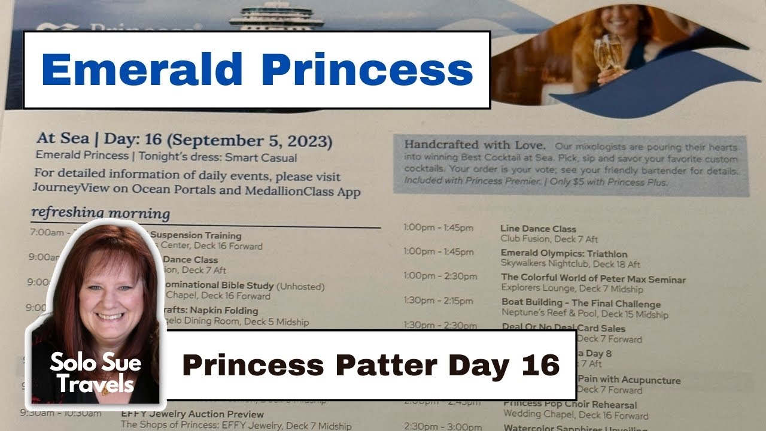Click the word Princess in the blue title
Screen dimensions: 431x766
(367, 70)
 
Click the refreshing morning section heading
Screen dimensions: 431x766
(101, 213)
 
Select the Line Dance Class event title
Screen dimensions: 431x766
(538, 229)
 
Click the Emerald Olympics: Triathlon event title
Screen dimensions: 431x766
(564, 254)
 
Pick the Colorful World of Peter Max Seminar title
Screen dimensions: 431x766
(593, 279)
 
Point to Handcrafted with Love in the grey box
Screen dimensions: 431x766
(475, 145)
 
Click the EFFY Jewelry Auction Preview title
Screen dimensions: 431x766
(192, 414)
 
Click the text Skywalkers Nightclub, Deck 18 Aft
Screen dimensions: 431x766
(570, 264)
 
